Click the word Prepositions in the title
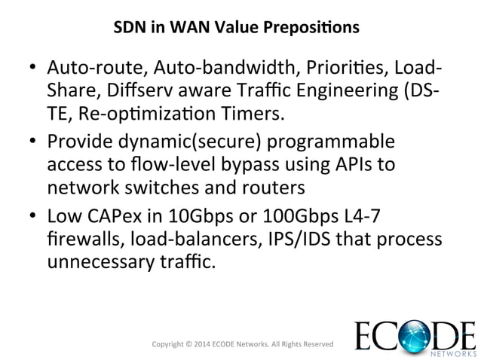[316, 28]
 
